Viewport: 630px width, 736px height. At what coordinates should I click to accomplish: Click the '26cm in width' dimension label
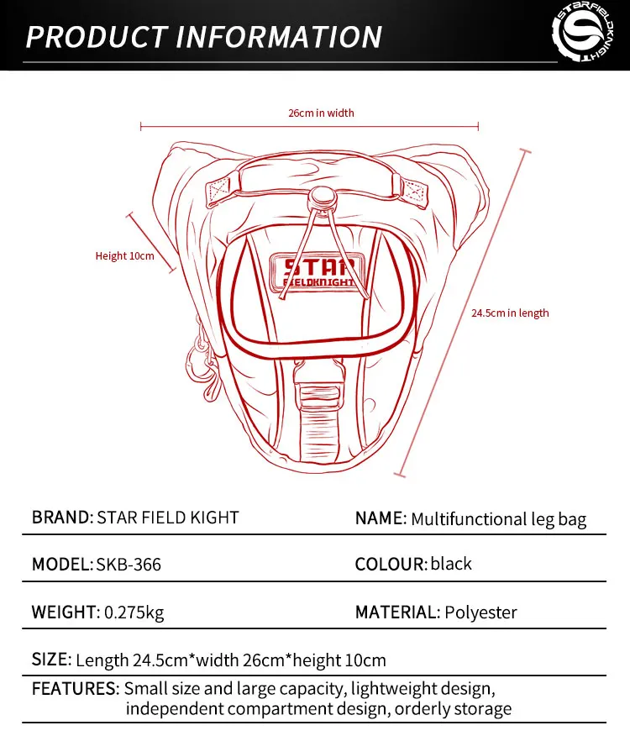coord(322,113)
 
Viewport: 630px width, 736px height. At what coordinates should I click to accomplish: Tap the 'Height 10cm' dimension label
coord(124,255)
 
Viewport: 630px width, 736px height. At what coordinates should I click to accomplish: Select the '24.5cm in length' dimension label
coord(509,313)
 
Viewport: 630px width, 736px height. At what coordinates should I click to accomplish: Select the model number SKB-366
coord(129,565)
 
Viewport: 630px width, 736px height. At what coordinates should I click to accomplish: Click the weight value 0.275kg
coord(134,612)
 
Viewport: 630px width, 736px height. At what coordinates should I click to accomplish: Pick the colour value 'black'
coord(451,564)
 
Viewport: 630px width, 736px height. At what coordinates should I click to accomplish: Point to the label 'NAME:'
coord(381,518)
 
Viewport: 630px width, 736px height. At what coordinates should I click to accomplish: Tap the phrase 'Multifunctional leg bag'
coord(498,519)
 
